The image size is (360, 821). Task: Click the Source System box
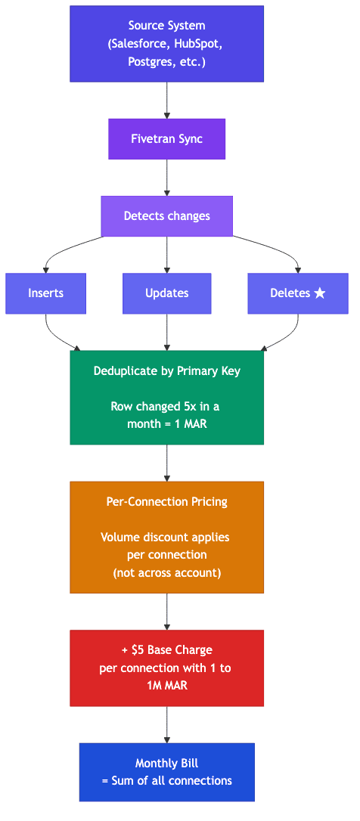[x=166, y=44]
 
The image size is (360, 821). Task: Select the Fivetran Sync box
[x=166, y=139]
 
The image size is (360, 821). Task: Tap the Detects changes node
[x=166, y=216]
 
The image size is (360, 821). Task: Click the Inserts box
[x=45, y=293]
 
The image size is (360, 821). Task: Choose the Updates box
[x=166, y=293]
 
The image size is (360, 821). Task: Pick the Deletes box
[x=298, y=293]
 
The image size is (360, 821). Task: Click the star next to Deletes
[x=320, y=293]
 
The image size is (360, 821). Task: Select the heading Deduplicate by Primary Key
[x=166, y=371]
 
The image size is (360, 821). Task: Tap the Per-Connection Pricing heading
[x=166, y=502]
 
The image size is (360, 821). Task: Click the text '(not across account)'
[x=166, y=572]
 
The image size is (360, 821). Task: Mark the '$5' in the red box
[x=137, y=650]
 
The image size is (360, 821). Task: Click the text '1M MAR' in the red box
[x=166, y=686]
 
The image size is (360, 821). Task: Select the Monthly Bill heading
[x=166, y=764]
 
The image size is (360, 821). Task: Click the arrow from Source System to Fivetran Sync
[x=166, y=100]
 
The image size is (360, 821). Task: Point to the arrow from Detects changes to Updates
[x=166, y=255]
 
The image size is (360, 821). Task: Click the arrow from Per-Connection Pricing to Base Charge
[x=166, y=612]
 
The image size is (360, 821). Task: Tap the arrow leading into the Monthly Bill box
[x=166, y=725]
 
